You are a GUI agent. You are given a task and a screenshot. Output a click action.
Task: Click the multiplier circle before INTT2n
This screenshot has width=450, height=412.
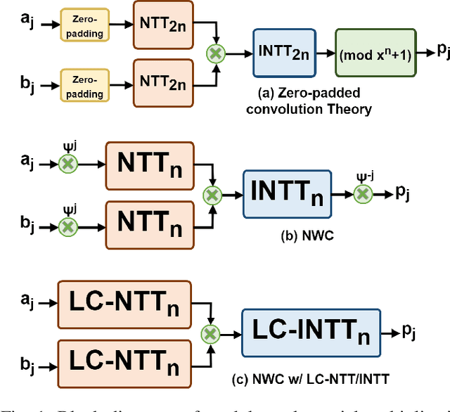pos(214,52)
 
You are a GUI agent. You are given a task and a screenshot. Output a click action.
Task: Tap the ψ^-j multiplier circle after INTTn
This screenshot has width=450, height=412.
pos(362,194)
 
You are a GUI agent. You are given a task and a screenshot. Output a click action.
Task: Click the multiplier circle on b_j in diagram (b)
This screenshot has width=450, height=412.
pos(68,226)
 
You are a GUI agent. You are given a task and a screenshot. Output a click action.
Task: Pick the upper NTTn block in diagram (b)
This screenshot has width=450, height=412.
pos(148,165)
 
